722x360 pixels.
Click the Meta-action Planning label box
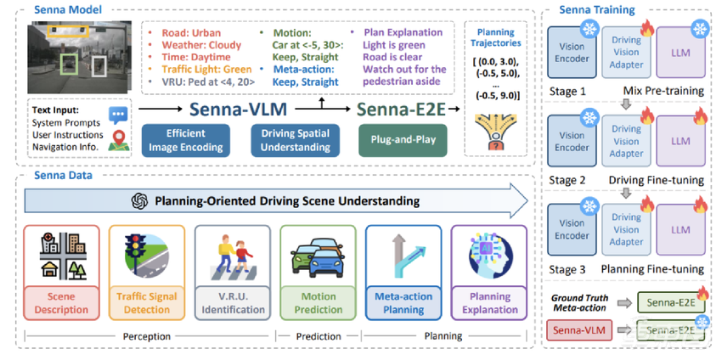(403, 303)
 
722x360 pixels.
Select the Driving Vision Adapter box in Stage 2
(626, 141)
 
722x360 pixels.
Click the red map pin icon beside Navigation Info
(116, 143)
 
